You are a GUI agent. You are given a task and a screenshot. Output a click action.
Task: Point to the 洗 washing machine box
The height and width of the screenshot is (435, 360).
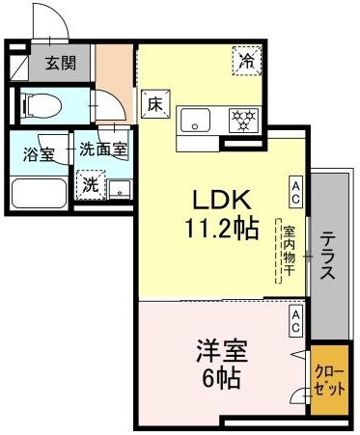point(89,182)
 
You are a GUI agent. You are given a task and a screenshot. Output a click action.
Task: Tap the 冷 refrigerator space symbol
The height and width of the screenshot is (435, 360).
point(247,61)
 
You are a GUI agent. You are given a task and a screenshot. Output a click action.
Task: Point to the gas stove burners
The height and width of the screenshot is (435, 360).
point(241,121)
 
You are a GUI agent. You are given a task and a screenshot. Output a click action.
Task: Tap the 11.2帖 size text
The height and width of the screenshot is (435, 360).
point(224,231)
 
